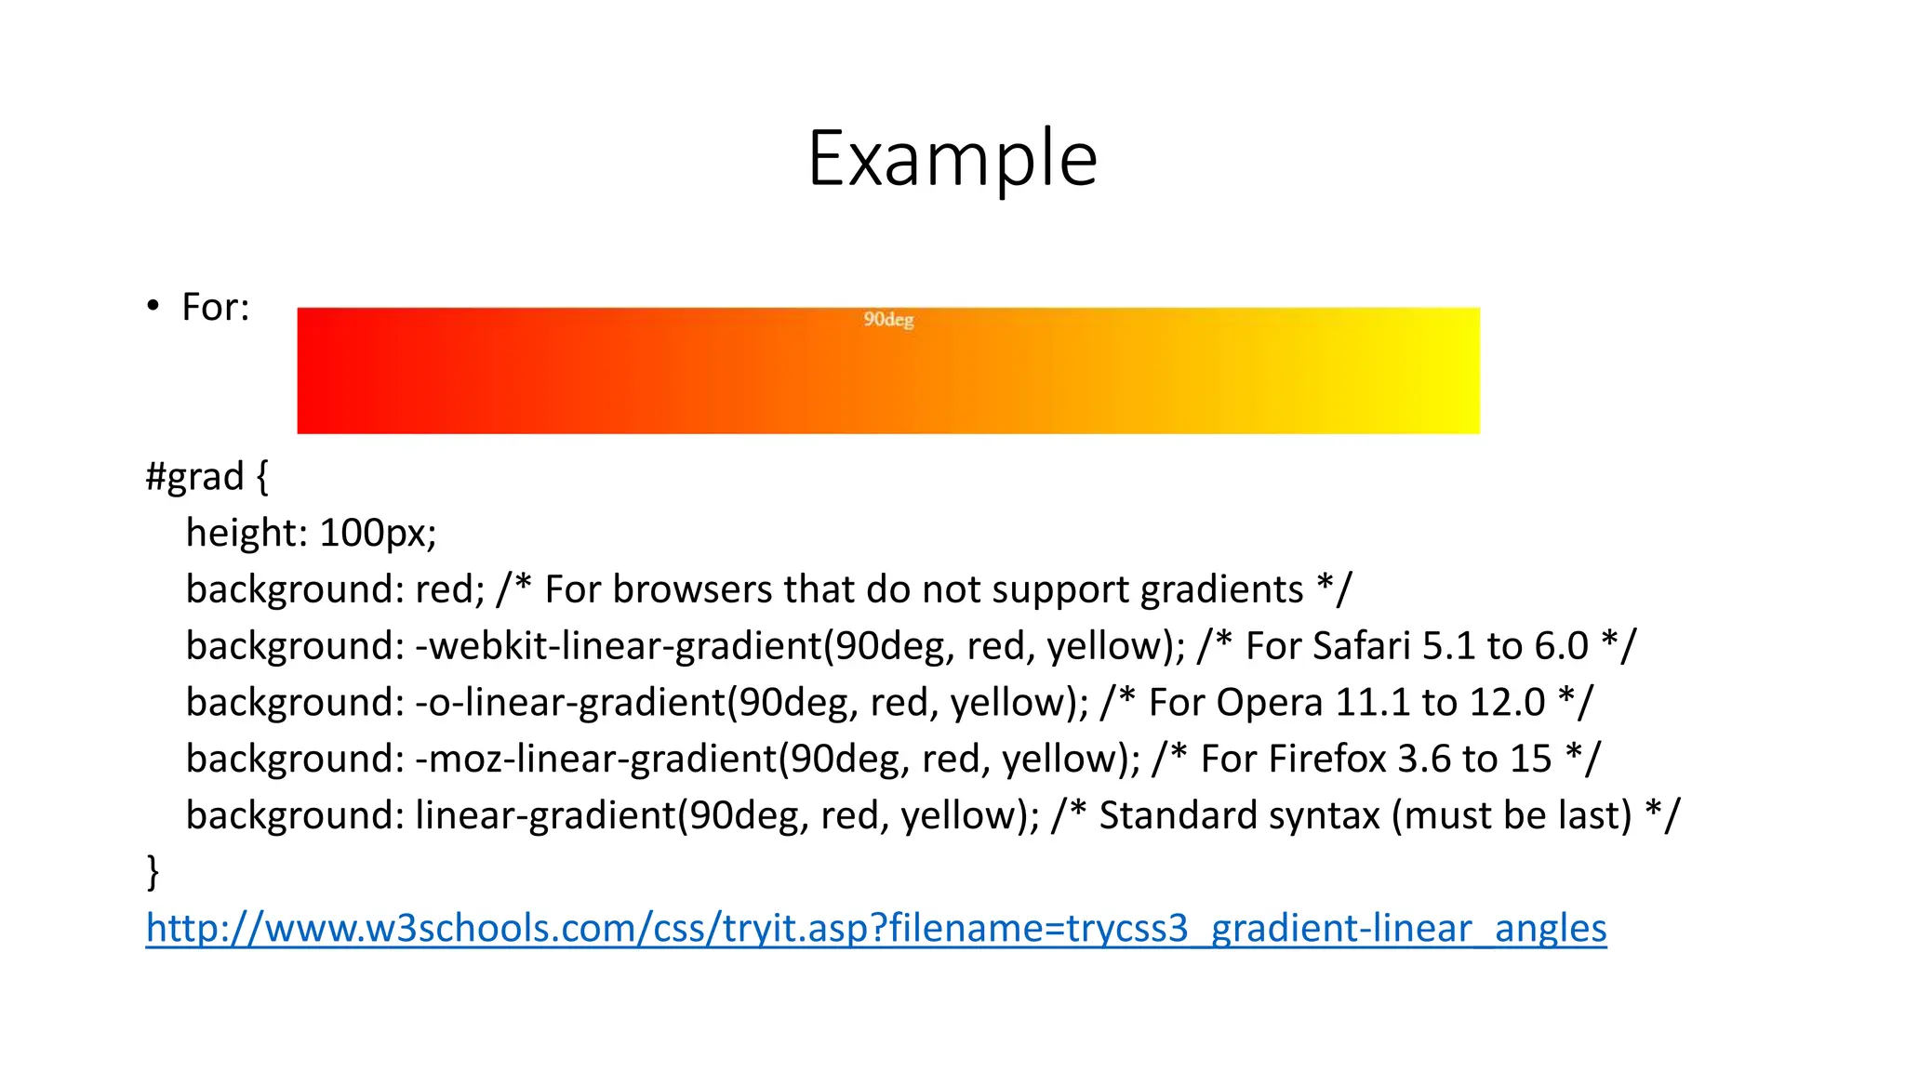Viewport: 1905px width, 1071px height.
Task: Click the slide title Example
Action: pyautogui.click(x=952, y=159)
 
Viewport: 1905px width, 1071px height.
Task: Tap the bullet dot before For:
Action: pyautogui.click(x=153, y=306)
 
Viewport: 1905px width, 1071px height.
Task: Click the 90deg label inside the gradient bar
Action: pyautogui.click(x=888, y=320)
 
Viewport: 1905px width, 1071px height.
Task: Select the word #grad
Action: pyautogui.click(x=195, y=477)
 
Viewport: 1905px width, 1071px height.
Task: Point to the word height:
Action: pyautogui.click(x=246, y=533)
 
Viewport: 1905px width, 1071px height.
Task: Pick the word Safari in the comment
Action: pyautogui.click(x=1361, y=646)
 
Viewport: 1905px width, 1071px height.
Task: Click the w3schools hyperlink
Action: pyautogui.click(x=876, y=929)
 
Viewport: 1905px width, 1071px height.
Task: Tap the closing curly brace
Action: pyautogui.click(x=153, y=872)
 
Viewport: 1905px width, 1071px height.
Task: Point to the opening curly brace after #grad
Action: pyautogui.click(x=262, y=477)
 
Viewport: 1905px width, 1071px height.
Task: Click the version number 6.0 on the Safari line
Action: pyautogui.click(x=1562, y=646)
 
